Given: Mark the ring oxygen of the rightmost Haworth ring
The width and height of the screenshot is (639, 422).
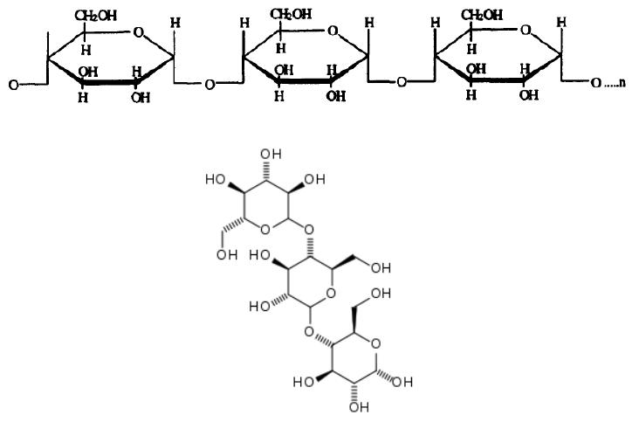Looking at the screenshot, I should click(524, 31).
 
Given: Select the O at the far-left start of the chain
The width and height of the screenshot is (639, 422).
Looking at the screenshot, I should click(13, 86).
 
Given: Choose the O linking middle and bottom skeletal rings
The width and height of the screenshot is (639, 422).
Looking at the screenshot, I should click(308, 330).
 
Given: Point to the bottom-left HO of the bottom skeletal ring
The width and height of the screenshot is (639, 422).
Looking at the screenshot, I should click(304, 382).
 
